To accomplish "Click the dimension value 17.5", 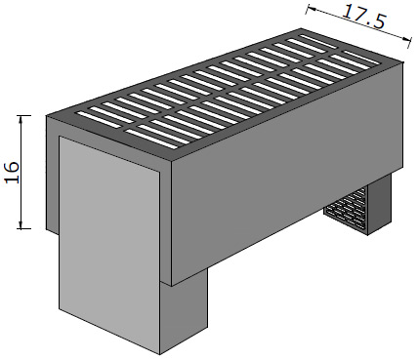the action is click(364, 18).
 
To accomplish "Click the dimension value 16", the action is click(13, 173).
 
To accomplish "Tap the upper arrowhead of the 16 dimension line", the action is click(21, 120).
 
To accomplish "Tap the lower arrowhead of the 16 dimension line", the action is click(21, 224).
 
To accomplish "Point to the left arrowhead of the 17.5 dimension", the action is click(311, 9).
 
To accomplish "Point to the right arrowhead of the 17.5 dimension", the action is click(404, 39).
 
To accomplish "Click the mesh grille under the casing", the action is click(346, 208).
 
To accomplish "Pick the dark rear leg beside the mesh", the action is click(379, 204).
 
